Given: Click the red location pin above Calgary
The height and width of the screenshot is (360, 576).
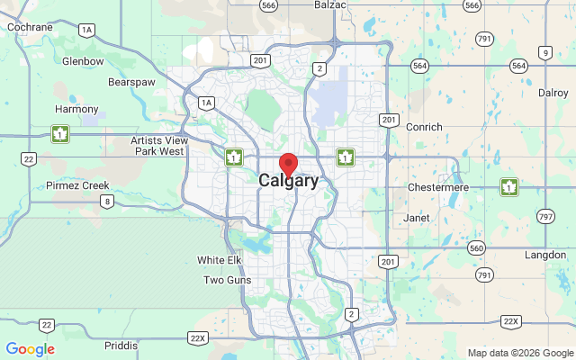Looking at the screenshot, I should pyautogui.click(x=289, y=164).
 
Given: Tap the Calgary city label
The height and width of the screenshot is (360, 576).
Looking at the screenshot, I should pyautogui.click(x=288, y=181).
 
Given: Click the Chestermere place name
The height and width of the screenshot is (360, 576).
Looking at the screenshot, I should pyautogui.click(x=438, y=186).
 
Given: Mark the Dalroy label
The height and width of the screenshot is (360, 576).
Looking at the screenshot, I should pyautogui.click(x=553, y=93).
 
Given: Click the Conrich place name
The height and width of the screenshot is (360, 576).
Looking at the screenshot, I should pyautogui.click(x=423, y=127).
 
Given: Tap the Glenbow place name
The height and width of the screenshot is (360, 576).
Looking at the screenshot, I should pyautogui.click(x=83, y=61).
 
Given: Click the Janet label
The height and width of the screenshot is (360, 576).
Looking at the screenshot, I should pyautogui.click(x=417, y=218).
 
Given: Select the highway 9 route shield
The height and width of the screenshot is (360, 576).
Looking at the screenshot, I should pyautogui.click(x=545, y=53).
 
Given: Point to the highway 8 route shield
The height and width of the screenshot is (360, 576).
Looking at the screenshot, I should pyautogui.click(x=107, y=201).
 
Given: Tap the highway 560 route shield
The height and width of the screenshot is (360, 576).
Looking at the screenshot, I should pyautogui.click(x=477, y=247).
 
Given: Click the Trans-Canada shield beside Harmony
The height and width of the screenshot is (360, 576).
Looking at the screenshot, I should pyautogui.click(x=60, y=135).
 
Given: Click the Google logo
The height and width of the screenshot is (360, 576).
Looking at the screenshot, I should pyautogui.click(x=30, y=349).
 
